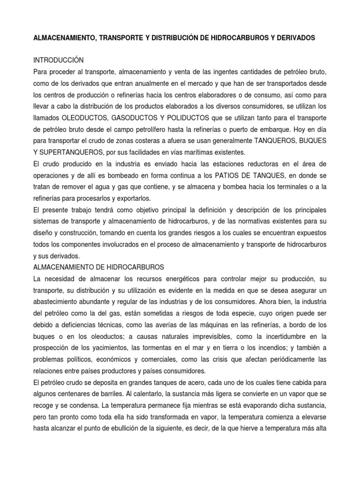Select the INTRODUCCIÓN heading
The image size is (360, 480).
click(x=58, y=60)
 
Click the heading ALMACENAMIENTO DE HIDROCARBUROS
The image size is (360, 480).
click(x=98, y=267)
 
